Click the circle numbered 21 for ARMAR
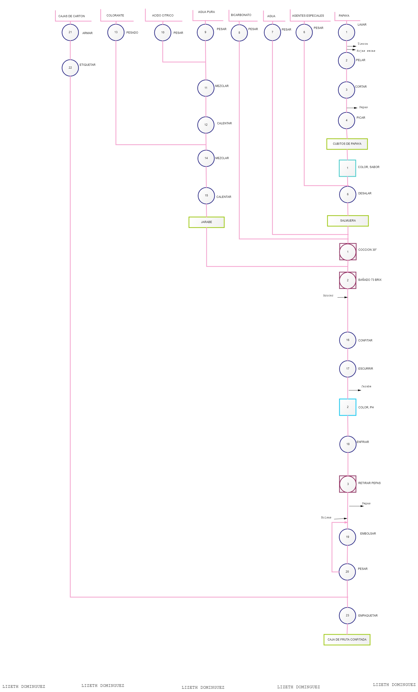point(70,32)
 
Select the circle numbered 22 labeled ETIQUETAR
point(70,68)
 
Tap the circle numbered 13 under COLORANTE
point(116,32)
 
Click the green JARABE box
point(206,222)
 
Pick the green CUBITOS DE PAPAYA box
point(347,144)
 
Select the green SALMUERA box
point(348,221)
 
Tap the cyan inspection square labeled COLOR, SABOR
point(347,168)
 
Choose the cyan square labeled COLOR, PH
point(347,407)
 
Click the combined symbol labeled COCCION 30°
point(348,252)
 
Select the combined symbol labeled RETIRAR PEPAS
point(348,484)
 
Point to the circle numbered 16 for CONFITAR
point(348,340)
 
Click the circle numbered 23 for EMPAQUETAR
point(347,615)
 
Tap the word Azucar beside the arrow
point(328,295)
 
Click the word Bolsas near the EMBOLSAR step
point(326,517)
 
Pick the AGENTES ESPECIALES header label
point(308,16)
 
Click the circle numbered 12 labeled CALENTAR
point(206,125)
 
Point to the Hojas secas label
point(366,51)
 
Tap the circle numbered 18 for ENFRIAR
point(348,444)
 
